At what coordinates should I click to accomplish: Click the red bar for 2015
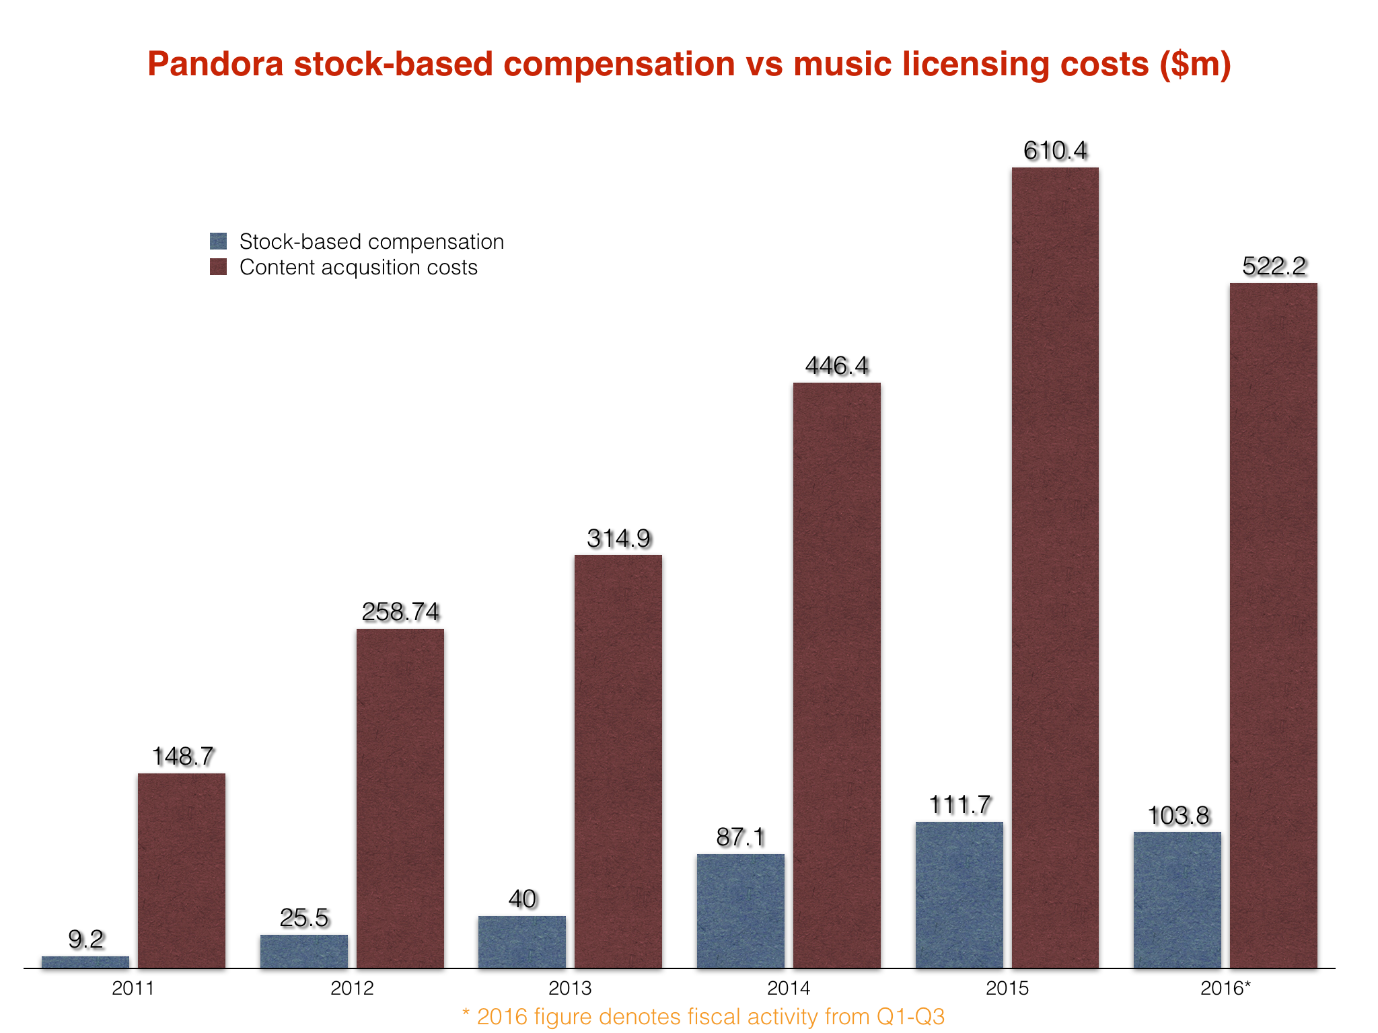1055,568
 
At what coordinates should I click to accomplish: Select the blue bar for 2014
740,911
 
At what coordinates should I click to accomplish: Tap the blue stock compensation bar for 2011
85,962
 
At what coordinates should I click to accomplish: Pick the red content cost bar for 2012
400,799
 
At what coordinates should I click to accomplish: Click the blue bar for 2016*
1177,900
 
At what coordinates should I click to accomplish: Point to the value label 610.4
1055,151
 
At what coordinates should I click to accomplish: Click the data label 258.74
400,611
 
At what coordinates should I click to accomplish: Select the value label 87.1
740,837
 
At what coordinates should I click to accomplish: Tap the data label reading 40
522,898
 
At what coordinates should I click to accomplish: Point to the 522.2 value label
1274,266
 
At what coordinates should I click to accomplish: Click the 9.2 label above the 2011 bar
86,939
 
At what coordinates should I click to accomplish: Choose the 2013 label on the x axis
570,988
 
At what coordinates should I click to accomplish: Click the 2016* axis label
1225,988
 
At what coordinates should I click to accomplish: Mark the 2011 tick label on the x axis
133,988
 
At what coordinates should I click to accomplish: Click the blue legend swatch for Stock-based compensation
218,241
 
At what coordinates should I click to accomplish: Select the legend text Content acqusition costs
358,267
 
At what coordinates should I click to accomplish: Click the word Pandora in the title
215,64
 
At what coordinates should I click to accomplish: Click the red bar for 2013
618,761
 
